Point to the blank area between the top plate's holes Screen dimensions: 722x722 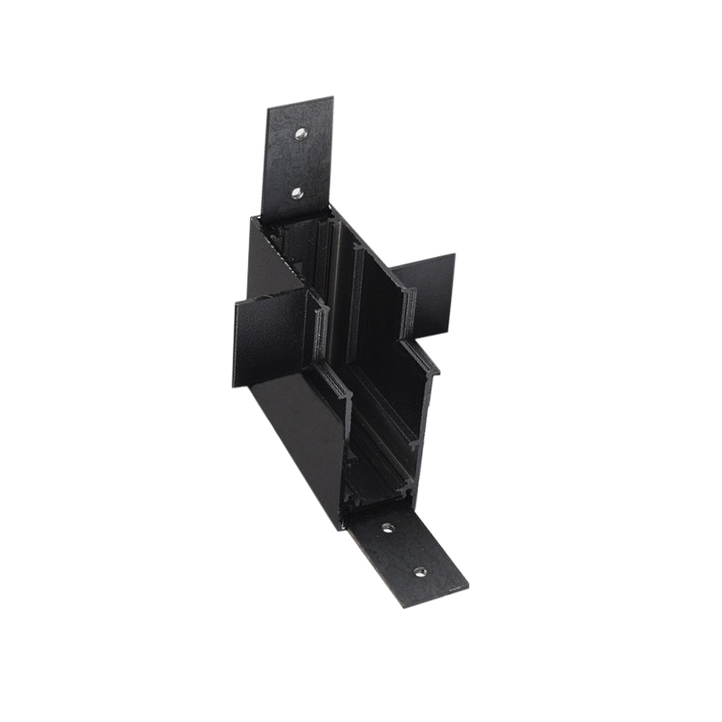[x=295, y=162]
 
